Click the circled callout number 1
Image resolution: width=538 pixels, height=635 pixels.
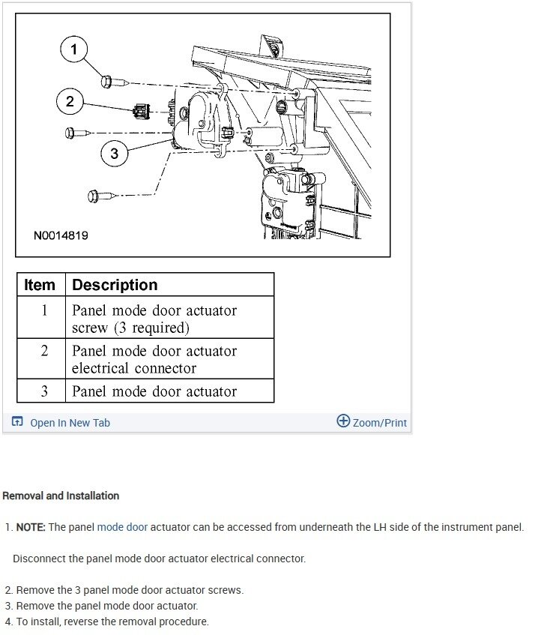[73, 50]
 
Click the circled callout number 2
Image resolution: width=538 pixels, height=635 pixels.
[70, 101]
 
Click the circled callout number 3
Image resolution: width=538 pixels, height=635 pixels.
[114, 154]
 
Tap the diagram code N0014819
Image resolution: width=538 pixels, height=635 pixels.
[61, 235]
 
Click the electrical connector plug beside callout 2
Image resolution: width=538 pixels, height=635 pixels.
[140, 112]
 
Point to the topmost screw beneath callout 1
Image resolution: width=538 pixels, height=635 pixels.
[107, 80]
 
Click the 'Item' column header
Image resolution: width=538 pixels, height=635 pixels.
[40, 285]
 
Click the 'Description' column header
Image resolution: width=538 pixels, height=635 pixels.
[115, 285]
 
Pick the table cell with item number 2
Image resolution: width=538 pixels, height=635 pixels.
[43, 351]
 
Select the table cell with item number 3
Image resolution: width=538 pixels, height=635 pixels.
[43, 391]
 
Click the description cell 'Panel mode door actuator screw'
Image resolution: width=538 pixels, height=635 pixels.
[154, 319]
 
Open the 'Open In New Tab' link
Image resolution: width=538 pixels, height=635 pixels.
[70, 423]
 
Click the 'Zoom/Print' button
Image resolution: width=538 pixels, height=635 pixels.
[379, 423]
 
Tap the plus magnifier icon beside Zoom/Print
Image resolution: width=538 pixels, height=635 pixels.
[343, 421]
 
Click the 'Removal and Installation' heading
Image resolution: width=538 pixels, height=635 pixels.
[61, 496]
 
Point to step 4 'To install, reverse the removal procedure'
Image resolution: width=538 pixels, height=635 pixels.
[112, 622]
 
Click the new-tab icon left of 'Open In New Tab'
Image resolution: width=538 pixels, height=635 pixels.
[18, 422]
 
